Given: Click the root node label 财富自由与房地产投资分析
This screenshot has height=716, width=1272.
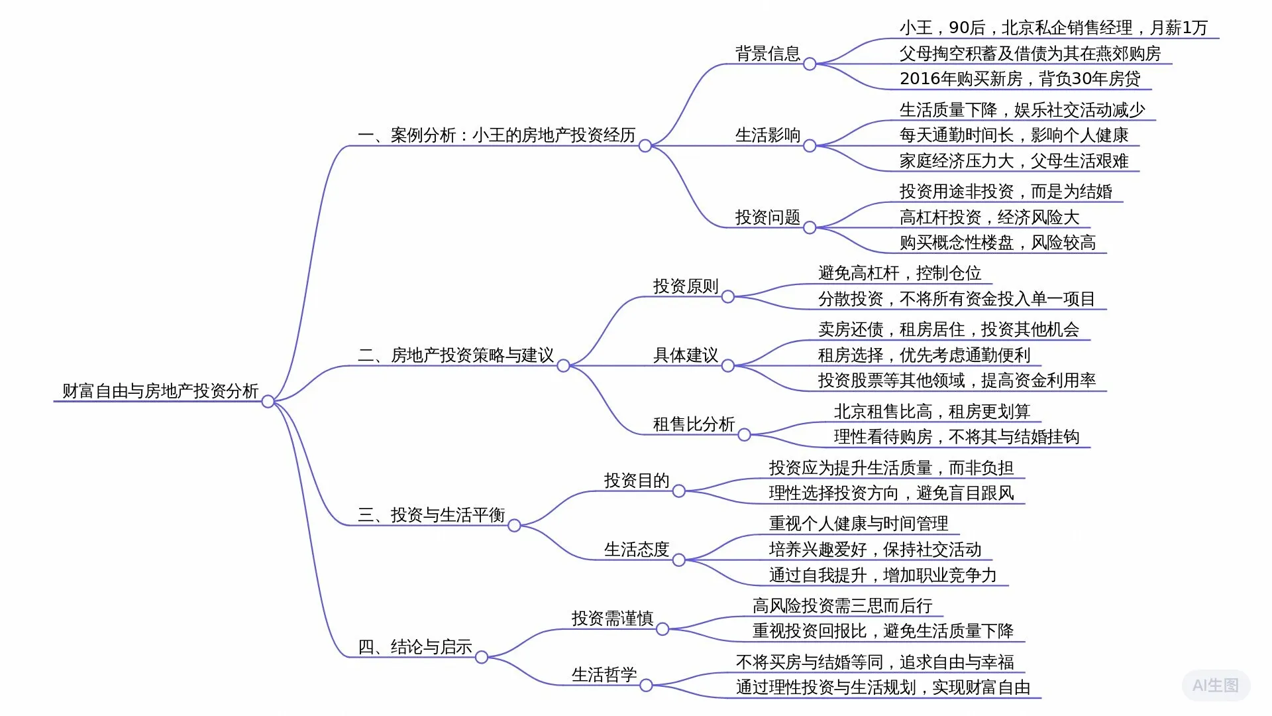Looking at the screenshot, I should coord(160,391).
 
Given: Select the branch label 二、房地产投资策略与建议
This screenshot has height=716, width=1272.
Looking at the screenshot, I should coord(456,355).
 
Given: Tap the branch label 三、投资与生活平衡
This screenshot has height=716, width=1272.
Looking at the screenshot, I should coord(431,515).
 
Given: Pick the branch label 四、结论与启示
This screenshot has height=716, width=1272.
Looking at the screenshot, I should coord(415,647).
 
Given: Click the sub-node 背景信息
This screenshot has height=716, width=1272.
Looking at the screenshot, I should coord(768,54).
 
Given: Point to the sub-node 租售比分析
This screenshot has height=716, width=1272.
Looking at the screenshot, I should coord(694,424).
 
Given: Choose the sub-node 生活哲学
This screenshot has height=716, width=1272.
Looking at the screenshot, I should coord(604,675).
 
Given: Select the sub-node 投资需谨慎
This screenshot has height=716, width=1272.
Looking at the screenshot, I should coord(612,619).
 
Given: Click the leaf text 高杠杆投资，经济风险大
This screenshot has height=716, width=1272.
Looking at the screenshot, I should coord(989,217).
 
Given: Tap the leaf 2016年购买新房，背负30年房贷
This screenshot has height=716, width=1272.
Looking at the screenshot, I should coord(1020,79).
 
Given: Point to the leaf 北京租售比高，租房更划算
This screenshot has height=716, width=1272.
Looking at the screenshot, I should coord(931,412).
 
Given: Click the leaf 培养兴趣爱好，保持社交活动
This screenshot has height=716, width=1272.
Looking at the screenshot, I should coord(874,550).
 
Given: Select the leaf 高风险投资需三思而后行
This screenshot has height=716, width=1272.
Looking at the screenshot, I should coord(842,606).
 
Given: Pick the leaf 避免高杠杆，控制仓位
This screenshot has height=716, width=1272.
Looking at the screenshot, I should coord(899,273).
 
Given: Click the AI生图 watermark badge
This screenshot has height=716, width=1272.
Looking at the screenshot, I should coord(1215,686).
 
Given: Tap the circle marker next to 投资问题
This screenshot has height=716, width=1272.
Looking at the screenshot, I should coord(810,228).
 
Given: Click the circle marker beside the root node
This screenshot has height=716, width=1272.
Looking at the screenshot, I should coord(268,402).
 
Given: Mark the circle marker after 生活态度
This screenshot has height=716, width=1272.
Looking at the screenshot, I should coord(678,560).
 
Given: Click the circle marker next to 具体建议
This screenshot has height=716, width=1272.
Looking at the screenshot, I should coord(727,366).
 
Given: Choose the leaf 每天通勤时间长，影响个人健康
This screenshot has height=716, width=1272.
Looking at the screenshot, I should coord(1014,135).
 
